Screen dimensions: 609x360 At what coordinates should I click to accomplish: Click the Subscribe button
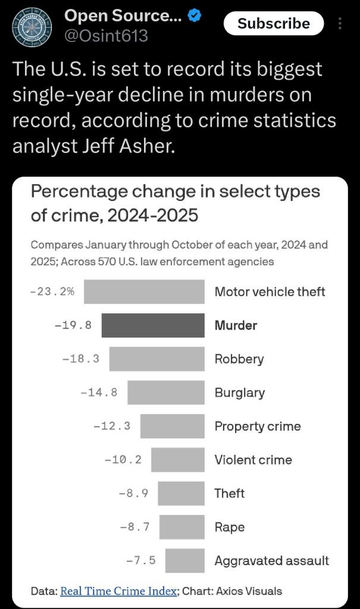pyautogui.click(x=274, y=23)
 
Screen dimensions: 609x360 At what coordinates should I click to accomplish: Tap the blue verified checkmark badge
pyautogui.click(x=195, y=17)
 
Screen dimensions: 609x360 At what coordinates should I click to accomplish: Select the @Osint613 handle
pyautogui.click(x=106, y=36)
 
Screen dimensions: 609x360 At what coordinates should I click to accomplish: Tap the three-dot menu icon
pyautogui.click(x=340, y=23)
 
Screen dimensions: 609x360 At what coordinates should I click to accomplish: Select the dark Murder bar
pyautogui.click(x=153, y=325)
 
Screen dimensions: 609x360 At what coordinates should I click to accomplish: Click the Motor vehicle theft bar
pyautogui.click(x=144, y=291)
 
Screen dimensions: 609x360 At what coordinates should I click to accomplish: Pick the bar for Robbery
pyautogui.click(x=157, y=359)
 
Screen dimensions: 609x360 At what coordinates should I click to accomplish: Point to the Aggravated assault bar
pyautogui.click(x=185, y=560)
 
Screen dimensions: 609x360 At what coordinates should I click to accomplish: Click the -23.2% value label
pyautogui.click(x=52, y=291)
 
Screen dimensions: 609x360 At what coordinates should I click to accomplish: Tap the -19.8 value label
pyautogui.click(x=73, y=325)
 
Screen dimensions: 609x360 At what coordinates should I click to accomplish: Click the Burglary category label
pyautogui.click(x=240, y=393)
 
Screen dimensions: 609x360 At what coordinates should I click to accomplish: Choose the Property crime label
pyautogui.click(x=258, y=426)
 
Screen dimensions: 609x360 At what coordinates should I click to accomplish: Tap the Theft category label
pyautogui.click(x=230, y=494)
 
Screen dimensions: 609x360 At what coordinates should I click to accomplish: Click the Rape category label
pyautogui.click(x=230, y=527)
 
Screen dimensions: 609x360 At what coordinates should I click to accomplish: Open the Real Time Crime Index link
pyautogui.click(x=119, y=591)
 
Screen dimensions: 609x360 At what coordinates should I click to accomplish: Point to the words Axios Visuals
pyautogui.click(x=249, y=591)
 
